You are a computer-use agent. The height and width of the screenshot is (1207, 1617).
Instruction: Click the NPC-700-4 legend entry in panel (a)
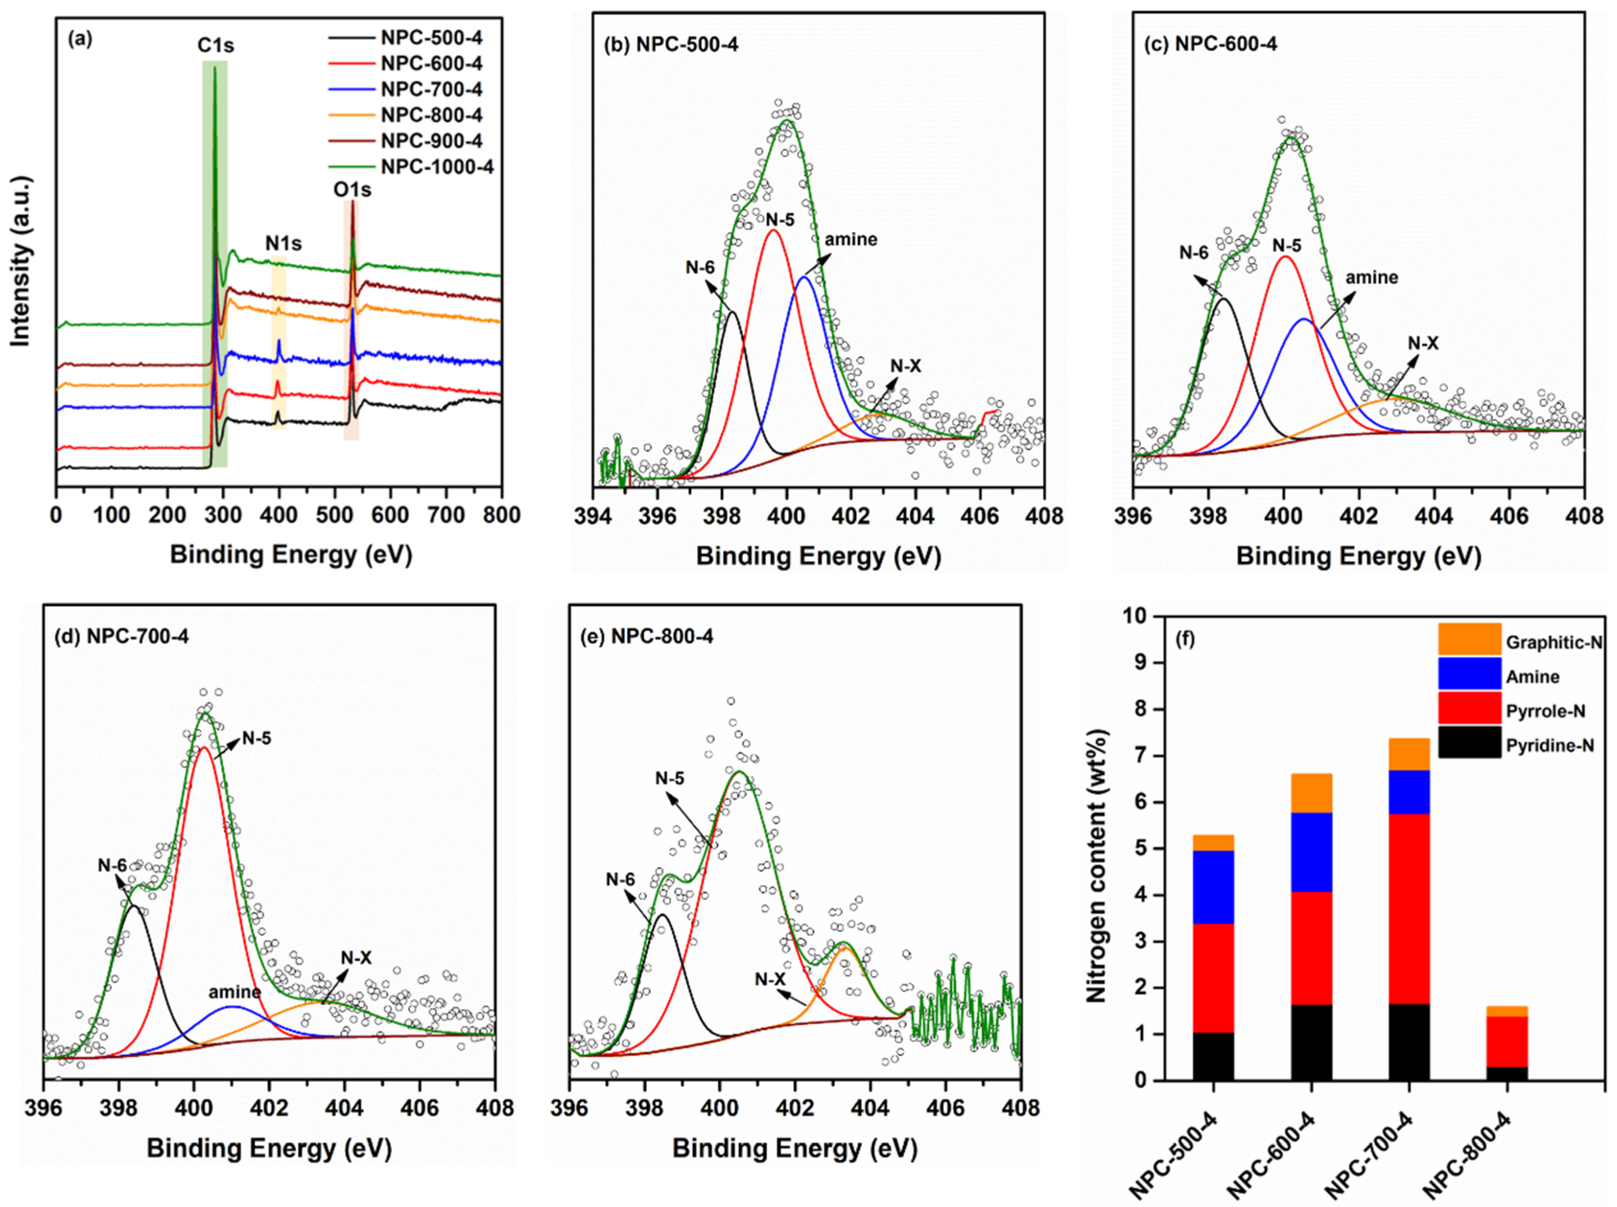point(431,89)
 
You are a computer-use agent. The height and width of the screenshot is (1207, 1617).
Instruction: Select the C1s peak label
point(216,45)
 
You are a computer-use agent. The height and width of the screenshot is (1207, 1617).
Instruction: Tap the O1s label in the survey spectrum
point(352,190)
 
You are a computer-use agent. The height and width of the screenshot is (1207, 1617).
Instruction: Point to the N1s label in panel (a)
point(283,243)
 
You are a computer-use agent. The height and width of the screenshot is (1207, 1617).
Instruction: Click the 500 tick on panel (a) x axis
point(334,515)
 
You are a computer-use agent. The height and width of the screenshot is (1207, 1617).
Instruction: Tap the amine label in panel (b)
point(851,240)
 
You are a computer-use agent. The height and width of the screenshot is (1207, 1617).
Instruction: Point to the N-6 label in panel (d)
point(113,865)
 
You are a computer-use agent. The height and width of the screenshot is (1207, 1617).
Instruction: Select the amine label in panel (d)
point(234,991)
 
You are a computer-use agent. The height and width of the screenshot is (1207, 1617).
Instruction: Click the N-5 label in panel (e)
point(669,779)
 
